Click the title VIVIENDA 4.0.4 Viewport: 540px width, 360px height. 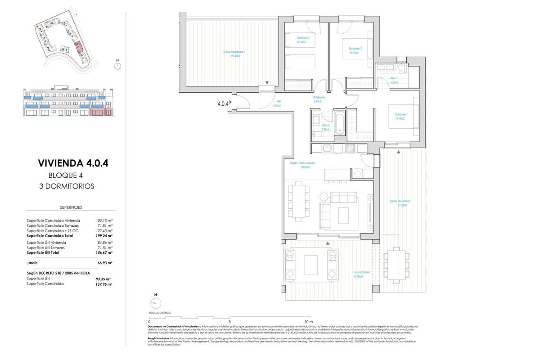coord(73,163)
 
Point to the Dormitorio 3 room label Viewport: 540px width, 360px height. coord(303,40)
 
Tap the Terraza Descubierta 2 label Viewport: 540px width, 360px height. coord(234,54)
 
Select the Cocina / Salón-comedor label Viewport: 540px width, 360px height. coord(302,165)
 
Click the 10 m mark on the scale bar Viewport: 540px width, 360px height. coord(308,322)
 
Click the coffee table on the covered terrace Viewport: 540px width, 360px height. coord(311,265)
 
